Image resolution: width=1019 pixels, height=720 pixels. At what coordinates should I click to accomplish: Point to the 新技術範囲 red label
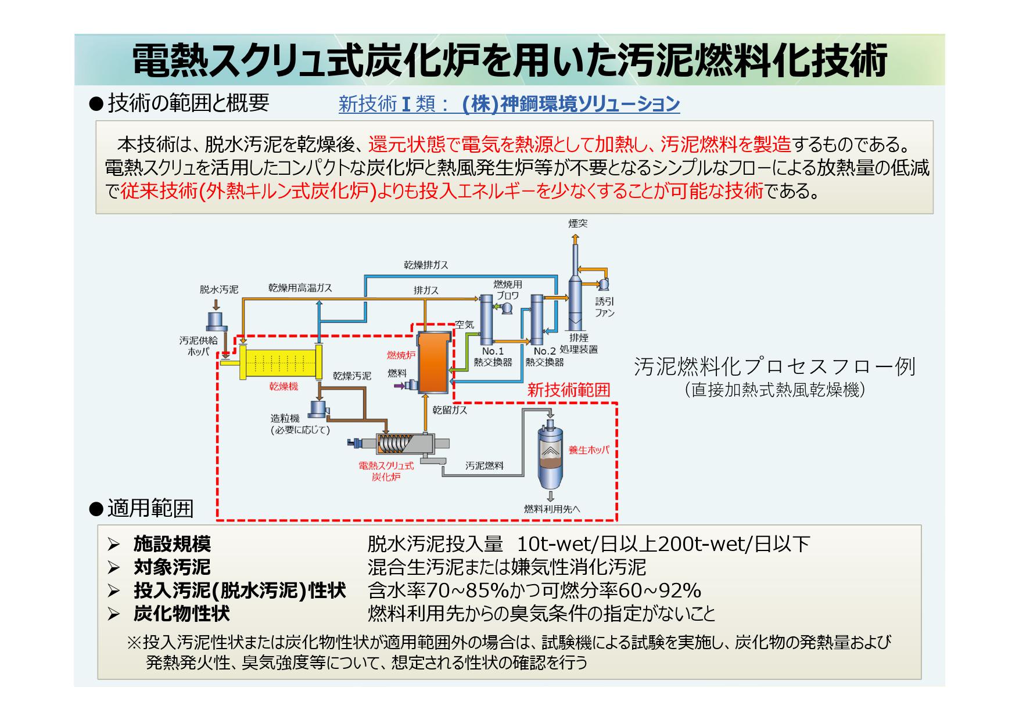tap(568, 390)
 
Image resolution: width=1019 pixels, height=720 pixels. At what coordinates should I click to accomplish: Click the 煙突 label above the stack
tap(577, 224)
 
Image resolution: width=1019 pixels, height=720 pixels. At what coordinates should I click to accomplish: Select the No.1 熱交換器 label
tap(493, 357)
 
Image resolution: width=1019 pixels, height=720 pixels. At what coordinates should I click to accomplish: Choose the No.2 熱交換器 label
tap(544, 357)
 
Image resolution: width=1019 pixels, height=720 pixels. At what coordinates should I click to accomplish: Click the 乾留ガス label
tap(450, 410)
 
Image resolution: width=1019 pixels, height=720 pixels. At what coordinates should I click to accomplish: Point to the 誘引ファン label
tap(604, 307)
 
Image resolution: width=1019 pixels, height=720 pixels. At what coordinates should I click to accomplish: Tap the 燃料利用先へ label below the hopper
tap(551, 509)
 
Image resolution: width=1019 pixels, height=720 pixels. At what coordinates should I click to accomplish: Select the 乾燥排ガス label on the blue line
tap(426, 265)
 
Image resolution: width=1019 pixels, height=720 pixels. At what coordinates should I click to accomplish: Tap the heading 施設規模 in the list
tap(172, 544)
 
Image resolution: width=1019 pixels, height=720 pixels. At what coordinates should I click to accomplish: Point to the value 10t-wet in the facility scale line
tap(551, 544)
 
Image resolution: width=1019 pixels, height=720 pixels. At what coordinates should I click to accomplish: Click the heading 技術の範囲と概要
tap(188, 103)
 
